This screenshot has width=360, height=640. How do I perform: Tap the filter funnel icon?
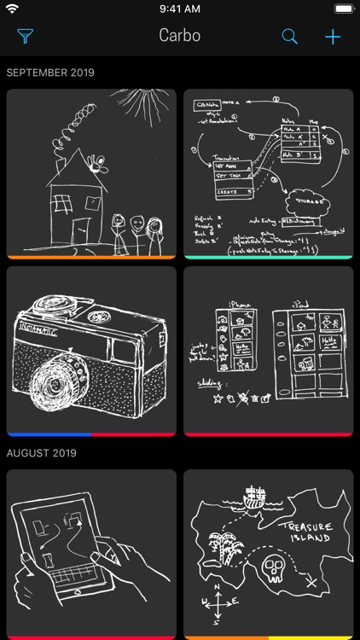(25, 37)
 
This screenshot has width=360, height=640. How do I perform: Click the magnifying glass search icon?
(290, 37)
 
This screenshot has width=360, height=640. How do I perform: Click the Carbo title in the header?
(179, 37)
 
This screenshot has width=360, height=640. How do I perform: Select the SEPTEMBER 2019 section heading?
(50, 73)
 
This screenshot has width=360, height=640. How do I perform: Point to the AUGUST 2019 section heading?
(43, 453)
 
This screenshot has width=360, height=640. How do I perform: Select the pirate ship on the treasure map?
(253, 499)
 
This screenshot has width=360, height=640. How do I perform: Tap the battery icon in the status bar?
(342, 9)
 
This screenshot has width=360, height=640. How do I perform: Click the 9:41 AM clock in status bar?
(179, 9)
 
